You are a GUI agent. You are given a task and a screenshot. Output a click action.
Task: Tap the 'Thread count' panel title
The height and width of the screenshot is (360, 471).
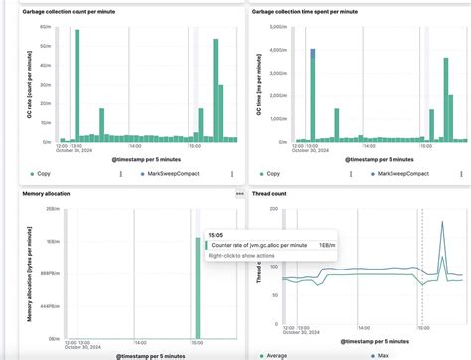[x=273, y=194]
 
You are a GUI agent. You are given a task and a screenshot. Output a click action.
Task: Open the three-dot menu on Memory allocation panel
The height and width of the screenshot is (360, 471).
[x=239, y=194]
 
